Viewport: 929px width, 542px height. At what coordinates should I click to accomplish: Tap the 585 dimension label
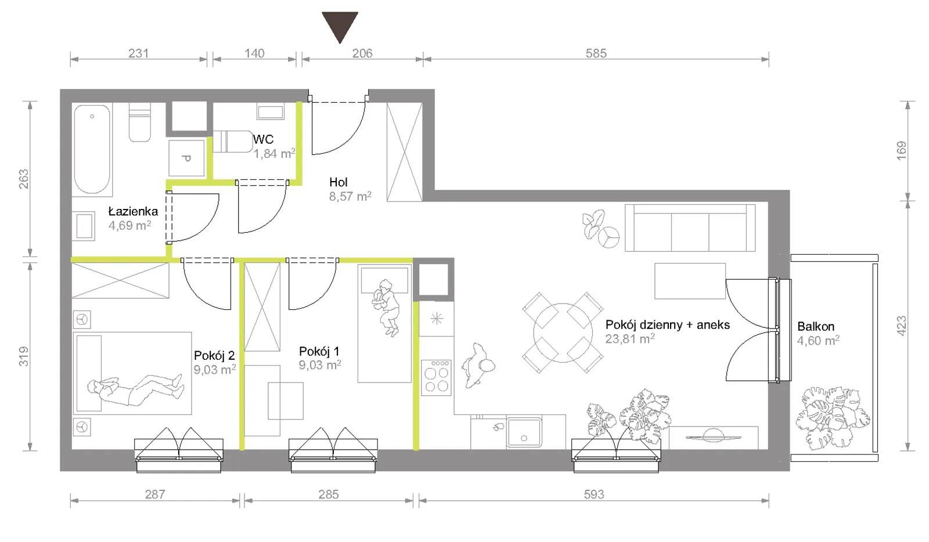tap(596, 53)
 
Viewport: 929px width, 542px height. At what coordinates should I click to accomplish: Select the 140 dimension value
tap(254, 53)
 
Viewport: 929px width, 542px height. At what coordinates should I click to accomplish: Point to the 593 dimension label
tap(594, 494)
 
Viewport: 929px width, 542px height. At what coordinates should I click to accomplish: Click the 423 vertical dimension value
tap(901, 326)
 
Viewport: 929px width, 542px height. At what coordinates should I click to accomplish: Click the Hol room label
tap(339, 182)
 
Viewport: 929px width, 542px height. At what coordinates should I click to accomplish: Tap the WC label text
tap(263, 139)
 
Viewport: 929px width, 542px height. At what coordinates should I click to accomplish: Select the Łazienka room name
tap(133, 211)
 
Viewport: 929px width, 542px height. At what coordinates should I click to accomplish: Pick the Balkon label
tap(816, 327)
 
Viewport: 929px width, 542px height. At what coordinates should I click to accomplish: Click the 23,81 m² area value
tap(630, 339)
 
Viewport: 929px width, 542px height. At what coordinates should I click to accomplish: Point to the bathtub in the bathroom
tap(92, 149)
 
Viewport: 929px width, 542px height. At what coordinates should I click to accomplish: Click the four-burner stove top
tap(436, 377)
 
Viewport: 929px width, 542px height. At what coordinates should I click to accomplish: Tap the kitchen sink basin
tap(524, 432)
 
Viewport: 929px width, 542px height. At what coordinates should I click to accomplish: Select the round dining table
tap(563, 333)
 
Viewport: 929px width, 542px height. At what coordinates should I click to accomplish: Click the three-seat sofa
tap(690, 227)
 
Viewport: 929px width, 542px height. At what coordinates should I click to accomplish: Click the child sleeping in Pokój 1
tap(386, 307)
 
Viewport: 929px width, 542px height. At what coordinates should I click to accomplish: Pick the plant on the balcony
tap(831, 418)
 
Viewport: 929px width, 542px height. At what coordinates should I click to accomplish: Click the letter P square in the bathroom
tap(186, 158)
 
